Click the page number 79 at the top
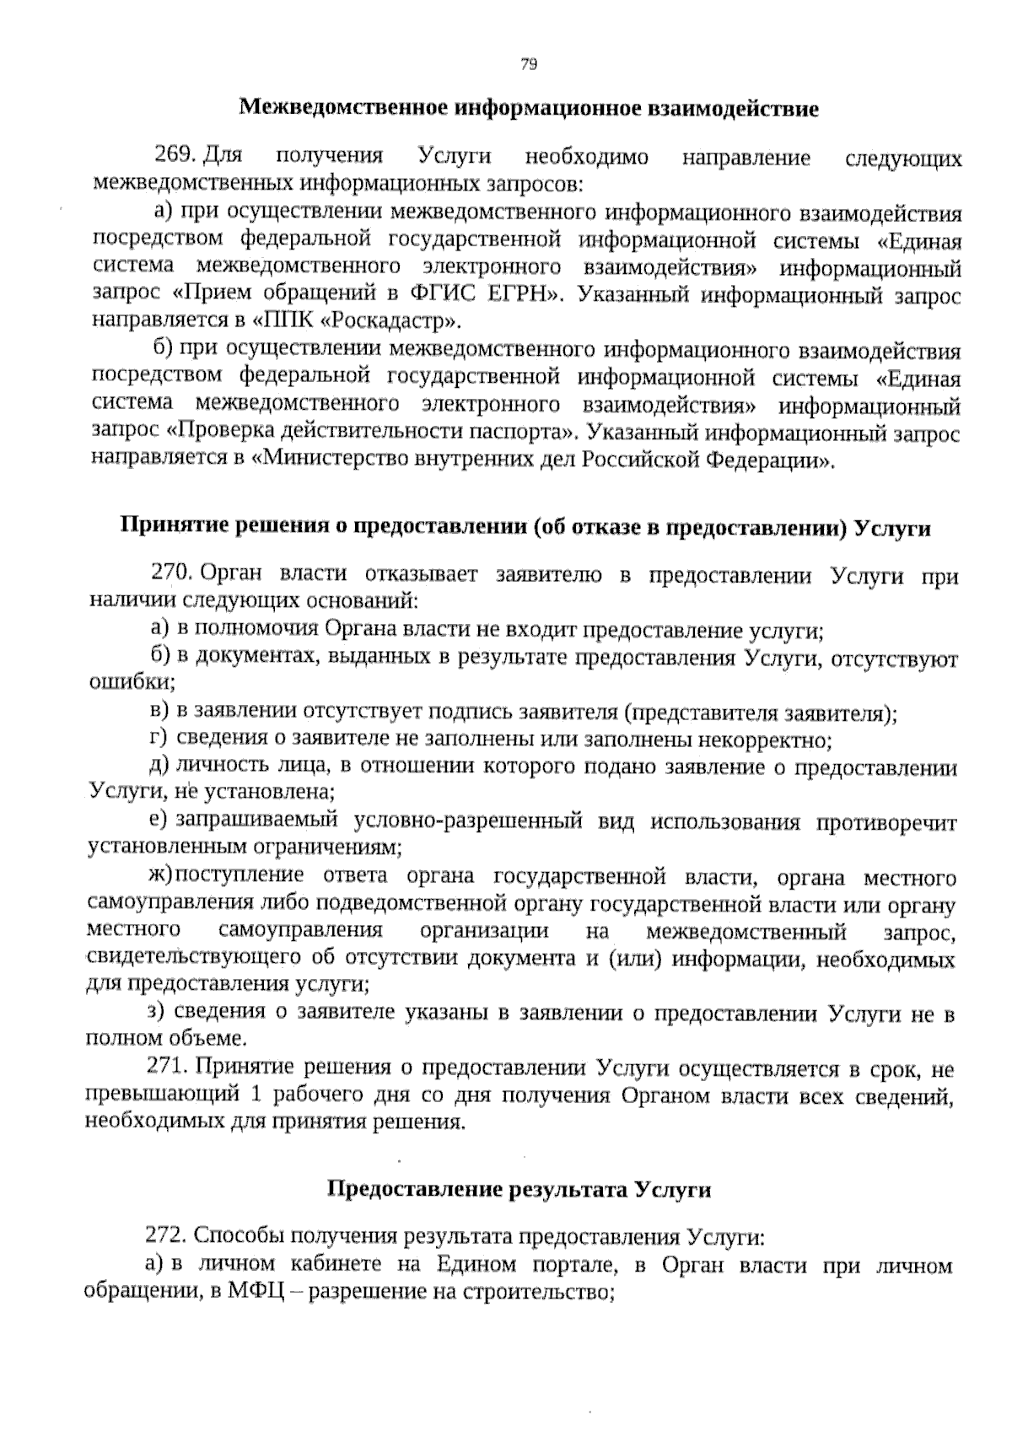(529, 65)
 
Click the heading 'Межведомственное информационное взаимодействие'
(529, 109)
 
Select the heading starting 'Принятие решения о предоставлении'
(526, 529)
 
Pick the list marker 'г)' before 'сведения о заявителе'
(157, 739)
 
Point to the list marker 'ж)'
(159, 876)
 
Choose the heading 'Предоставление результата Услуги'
(518, 1190)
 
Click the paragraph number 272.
(167, 1236)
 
